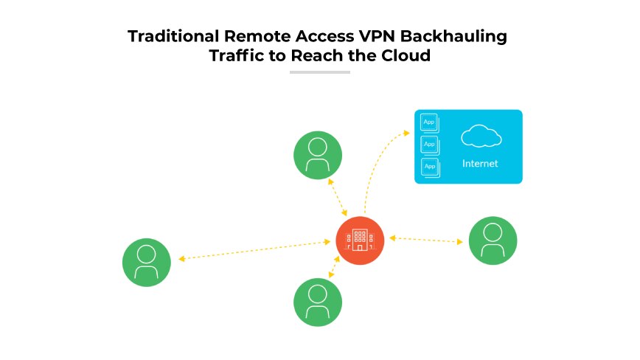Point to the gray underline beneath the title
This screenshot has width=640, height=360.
click(319, 72)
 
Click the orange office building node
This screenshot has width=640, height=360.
click(360, 240)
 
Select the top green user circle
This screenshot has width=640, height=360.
click(318, 155)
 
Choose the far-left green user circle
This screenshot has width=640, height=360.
click(146, 263)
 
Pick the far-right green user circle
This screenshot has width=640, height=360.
click(493, 240)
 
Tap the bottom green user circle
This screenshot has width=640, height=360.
click(318, 302)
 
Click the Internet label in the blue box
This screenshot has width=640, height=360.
click(480, 164)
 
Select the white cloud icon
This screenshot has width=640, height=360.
click(481, 136)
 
